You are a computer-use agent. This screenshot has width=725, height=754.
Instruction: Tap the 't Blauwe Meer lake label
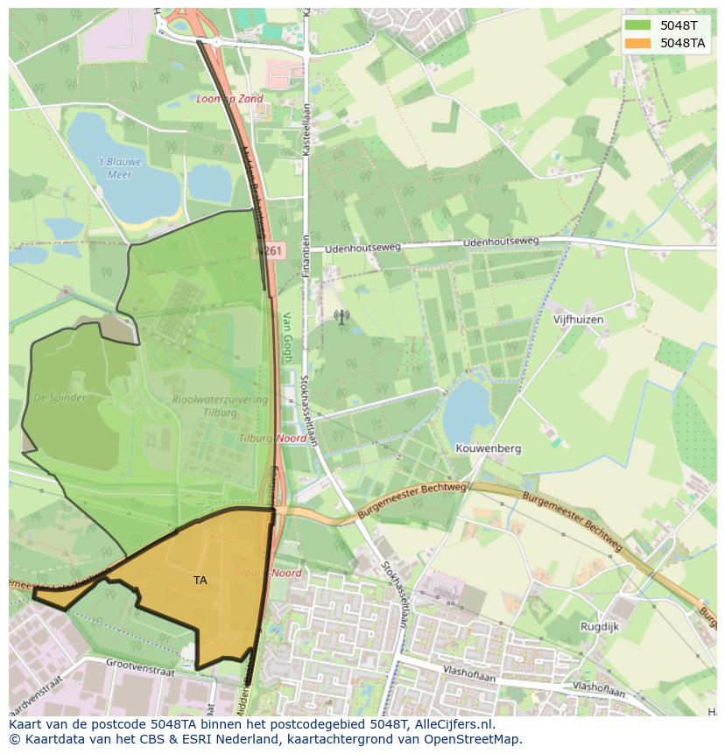[119, 167]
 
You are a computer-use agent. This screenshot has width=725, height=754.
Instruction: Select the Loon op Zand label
[229, 100]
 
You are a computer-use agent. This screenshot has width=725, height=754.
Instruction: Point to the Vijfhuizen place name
[578, 321]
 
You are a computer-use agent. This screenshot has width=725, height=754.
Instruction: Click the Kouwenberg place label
[488, 448]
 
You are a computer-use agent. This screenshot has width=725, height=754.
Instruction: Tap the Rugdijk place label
[599, 627]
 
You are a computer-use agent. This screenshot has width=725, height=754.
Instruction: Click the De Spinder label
[60, 398]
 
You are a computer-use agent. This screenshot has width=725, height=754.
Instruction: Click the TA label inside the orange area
[201, 580]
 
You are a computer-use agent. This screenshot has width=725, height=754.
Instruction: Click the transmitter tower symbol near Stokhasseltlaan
[341, 317]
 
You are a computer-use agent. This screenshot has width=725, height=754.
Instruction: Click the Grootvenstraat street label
[140, 669]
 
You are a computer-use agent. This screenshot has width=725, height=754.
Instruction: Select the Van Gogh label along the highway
[286, 337]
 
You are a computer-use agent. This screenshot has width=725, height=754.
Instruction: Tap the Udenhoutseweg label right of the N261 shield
[362, 248]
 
